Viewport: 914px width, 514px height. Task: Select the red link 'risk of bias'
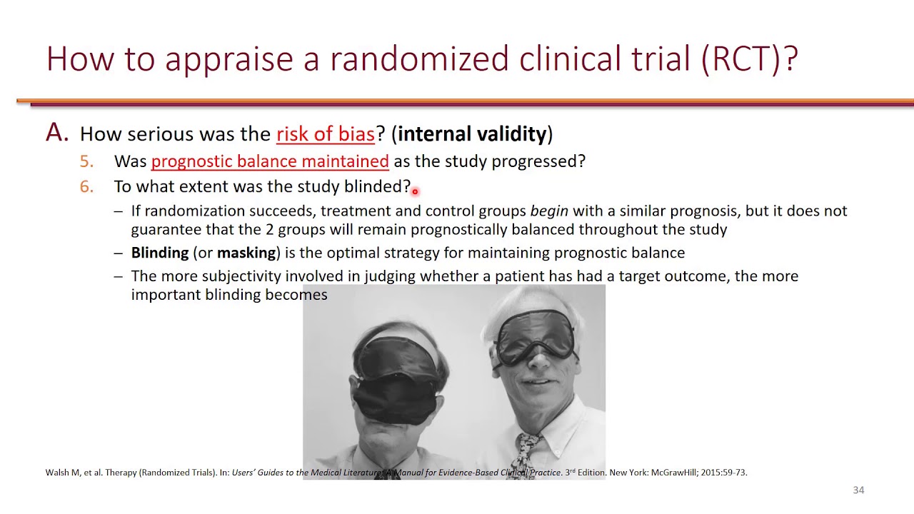pyautogui.click(x=325, y=134)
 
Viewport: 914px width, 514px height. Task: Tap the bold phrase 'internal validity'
pyautogui.click(x=472, y=134)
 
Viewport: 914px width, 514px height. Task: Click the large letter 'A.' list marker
pyautogui.click(x=57, y=133)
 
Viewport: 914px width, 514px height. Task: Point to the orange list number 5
pyautogui.click(x=86, y=161)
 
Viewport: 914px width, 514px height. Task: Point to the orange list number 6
pyautogui.click(x=86, y=187)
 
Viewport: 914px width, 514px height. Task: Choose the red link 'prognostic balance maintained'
pyautogui.click(x=270, y=161)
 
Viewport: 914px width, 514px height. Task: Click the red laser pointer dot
pyautogui.click(x=415, y=191)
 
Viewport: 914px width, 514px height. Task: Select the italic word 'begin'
pyautogui.click(x=549, y=211)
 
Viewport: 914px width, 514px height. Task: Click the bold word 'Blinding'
pyautogui.click(x=160, y=253)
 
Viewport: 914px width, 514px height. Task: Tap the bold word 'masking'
pyautogui.click(x=246, y=253)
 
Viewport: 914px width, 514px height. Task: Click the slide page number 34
pyautogui.click(x=858, y=490)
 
